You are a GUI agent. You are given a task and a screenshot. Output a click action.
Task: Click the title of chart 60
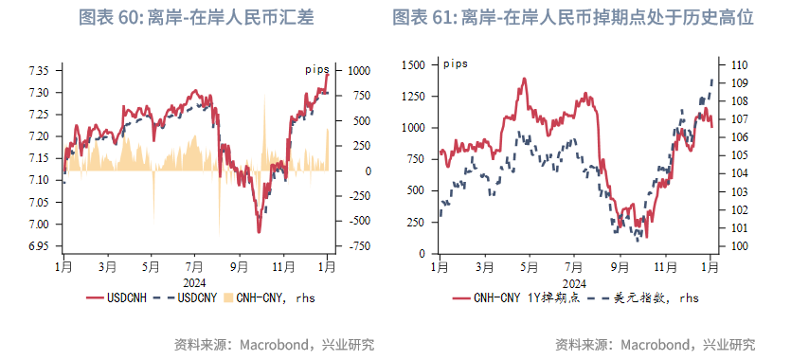coord(195,18)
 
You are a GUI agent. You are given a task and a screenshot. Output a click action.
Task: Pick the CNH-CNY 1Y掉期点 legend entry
coord(512,297)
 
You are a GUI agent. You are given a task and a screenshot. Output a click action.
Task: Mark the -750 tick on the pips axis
coord(358,246)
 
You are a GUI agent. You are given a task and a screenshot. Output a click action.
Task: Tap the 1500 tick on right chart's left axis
coord(413,64)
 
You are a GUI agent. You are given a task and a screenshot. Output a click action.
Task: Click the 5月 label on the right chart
coord(530,268)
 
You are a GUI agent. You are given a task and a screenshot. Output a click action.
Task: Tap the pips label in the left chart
coord(315,69)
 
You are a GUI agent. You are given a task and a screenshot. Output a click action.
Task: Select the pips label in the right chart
coord(455,63)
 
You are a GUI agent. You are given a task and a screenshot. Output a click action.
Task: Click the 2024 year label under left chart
coord(195,281)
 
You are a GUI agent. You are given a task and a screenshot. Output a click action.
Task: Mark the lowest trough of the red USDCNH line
coord(259,231)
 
